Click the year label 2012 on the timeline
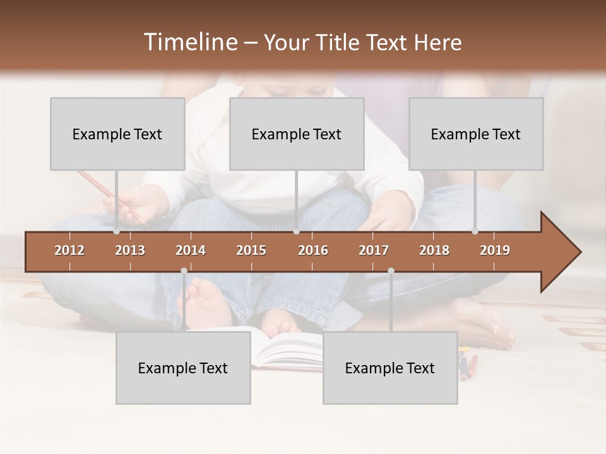[x=69, y=250]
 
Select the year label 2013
[x=130, y=250]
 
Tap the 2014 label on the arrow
[x=191, y=250]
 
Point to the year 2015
[x=251, y=250]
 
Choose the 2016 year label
[x=313, y=250]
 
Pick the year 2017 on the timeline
[x=374, y=250]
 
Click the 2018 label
[x=434, y=250]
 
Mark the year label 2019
[x=495, y=250]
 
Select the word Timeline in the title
[x=189, y=42]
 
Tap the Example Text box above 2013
[x=117, y=134]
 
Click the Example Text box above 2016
[x=297, y=134]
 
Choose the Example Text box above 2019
[x=476, y=134]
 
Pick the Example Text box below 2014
[x=183, y=368]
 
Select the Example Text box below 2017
[x=390, y=368]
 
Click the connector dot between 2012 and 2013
[x=117, y=231]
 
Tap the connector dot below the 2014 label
[x=184, y=271]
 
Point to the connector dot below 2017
[x=391, y=271]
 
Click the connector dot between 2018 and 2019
[x=475, y=231]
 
